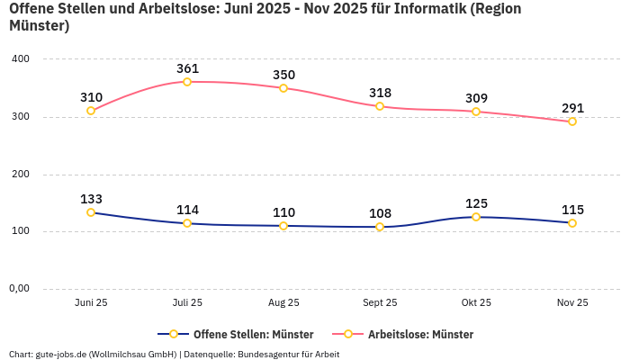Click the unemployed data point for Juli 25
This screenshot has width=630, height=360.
tap(187, 82)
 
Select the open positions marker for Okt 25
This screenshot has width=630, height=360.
tap(476, 217)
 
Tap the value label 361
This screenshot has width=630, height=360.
tap(187, 68)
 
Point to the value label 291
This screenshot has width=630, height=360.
tap(572, 108)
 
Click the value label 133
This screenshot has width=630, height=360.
tap(91, 199)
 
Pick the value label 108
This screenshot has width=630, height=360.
tap(380, 213)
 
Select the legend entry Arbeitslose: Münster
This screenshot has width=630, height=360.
tap(420, 334)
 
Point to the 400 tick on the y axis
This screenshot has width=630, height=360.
tap(21, 58)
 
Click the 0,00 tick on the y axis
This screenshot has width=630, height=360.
tap(20, 289)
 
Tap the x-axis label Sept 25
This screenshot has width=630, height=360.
tap(380, 303)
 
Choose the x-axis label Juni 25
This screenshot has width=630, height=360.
tap(91, 303)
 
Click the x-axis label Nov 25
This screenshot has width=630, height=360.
tap(572, 303)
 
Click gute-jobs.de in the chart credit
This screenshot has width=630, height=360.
tap(60, 354)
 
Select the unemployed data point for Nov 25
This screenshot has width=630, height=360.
tap(572, 121)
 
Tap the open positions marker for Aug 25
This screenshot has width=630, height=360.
tap(283, 226)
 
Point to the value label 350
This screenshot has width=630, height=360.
tap(283, 75)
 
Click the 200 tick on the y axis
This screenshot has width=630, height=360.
tap(21, 174)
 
